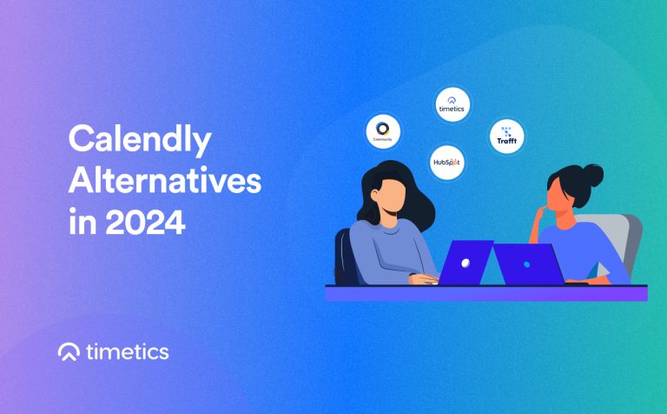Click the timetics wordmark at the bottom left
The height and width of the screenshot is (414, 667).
128,352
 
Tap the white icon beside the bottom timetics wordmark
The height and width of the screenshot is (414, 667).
69,351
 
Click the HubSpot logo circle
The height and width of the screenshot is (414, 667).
447,162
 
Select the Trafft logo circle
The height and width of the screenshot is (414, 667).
505,136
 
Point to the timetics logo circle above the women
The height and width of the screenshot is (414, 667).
452,104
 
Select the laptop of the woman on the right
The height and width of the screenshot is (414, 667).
528,263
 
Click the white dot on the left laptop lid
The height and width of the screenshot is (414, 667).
466,262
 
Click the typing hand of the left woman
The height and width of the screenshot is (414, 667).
426,279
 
